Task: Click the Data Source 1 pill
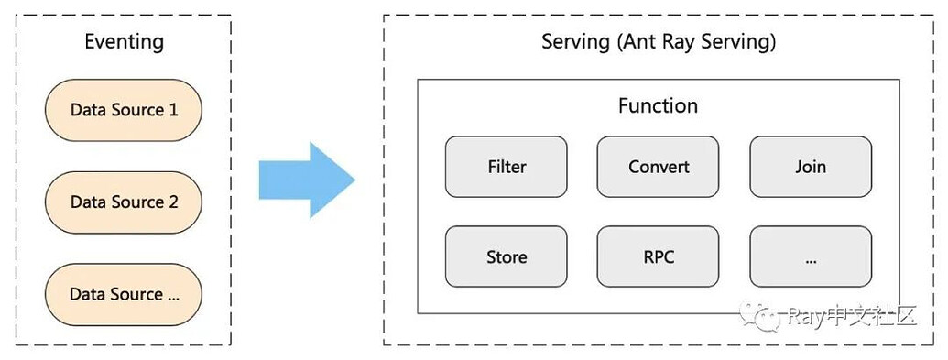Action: point(124,110)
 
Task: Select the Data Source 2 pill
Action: point(124,202)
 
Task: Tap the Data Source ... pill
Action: point(124,294)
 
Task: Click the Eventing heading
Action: point(124,41)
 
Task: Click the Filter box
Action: point(507,167)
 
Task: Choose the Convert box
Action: point(659,167)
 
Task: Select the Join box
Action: point(811,167)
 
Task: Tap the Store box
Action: point(507,256)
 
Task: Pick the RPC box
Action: point(659,256)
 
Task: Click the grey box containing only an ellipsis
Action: point(811,256)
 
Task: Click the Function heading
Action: point(658,105)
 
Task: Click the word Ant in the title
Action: point(637,42)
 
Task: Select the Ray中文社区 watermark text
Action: point(852,317)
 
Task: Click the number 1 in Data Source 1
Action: point(173,110)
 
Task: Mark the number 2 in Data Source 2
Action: point(173,202)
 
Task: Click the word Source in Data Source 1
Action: point(136,110)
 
